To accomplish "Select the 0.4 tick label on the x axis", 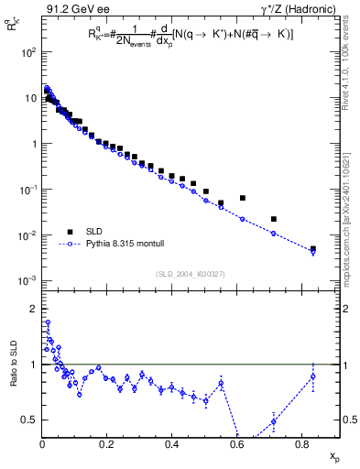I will pos(171,445).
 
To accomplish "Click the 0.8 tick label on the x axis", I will pos(301,445).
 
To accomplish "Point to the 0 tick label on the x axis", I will pos(42,445).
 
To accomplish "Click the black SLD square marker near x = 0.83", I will pos(313,248).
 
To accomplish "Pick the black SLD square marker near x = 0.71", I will pos(274,219).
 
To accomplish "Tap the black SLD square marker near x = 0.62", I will pos(243,198).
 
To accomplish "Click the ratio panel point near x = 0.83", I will pos(313,376).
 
